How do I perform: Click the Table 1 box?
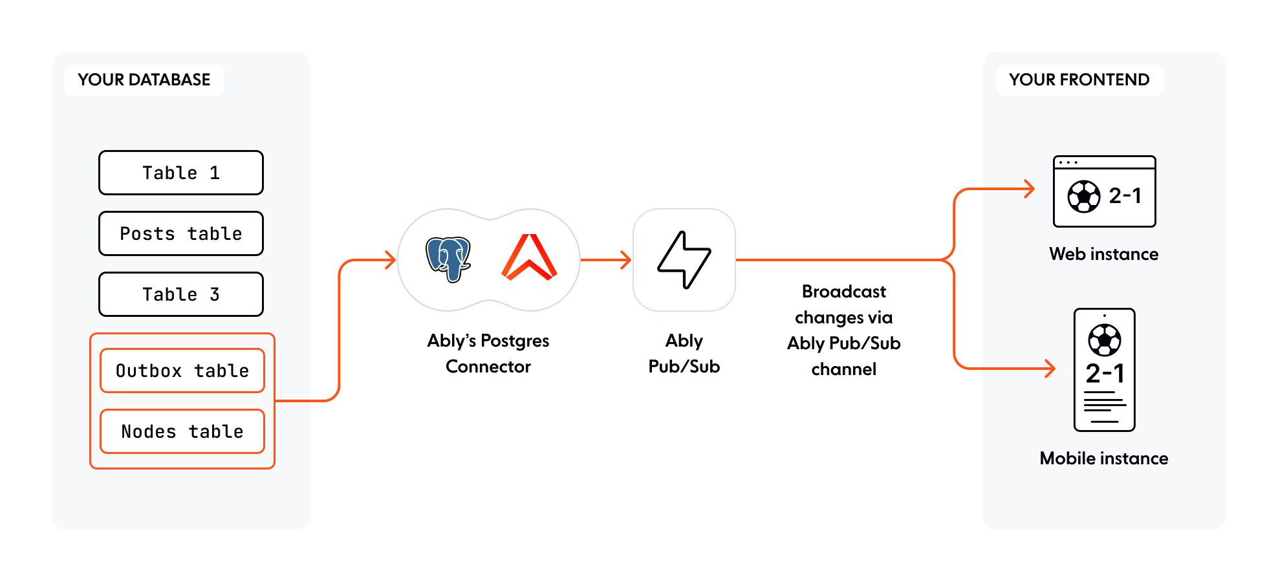[181, 173]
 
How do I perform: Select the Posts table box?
[181, 233]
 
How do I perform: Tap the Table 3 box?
[181, 294]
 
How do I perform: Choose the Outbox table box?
[182, 371]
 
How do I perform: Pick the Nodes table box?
[182, 431]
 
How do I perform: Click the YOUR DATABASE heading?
[144, 80]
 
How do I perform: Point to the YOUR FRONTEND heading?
[1079, 80]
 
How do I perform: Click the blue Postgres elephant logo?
[448, 259]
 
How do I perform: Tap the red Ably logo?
[530, 257]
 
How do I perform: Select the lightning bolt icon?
[684, 259]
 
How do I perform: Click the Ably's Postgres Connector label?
[488, 353]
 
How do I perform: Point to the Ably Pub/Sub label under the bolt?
[684, 353]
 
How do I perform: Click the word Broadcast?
[844, 292]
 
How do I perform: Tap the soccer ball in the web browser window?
[1084, 197]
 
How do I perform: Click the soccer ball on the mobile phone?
[1105, 340]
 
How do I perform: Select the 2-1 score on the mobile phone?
[1105, 374]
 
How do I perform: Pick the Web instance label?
[1104, 254]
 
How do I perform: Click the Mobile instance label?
[1104, 458]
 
